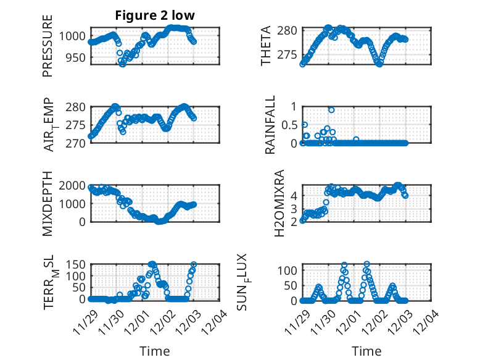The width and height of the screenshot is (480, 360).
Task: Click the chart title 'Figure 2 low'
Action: tap(160, 16)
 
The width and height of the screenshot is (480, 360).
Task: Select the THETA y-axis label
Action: tap(266, 46)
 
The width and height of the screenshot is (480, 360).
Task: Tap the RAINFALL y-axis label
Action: tap(270, 125)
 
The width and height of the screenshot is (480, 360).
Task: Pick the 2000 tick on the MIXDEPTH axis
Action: tap(73, 185)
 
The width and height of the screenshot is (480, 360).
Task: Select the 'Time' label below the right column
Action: tap(367, 351)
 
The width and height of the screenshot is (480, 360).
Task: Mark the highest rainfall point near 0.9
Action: tap(331, 110)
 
